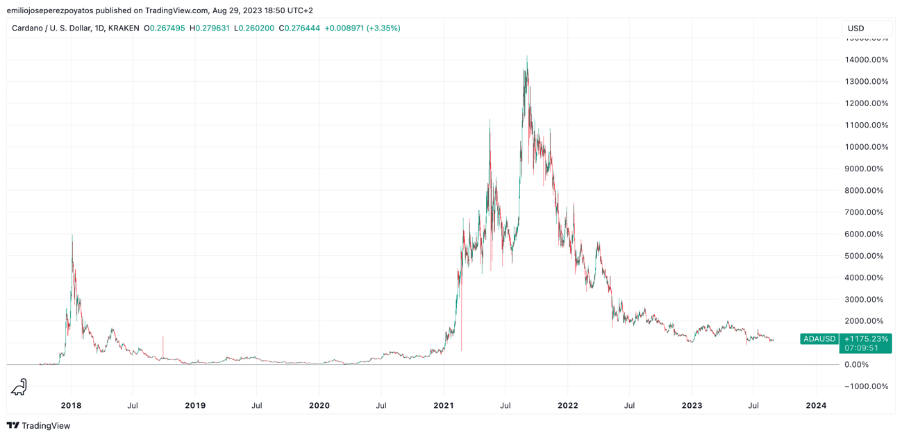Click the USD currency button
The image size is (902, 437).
866,28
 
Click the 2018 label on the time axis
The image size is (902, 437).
71,406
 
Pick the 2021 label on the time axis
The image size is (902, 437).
444,406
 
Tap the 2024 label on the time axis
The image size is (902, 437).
816,406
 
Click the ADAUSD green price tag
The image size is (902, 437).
819,339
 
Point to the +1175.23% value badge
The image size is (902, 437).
865,339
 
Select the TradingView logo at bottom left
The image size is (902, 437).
39,425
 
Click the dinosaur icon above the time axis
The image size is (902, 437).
19,387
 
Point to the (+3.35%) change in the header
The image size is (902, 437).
383,28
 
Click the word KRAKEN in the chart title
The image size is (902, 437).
124,28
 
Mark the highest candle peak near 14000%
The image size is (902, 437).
527,58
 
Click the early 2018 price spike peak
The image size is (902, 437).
72,237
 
